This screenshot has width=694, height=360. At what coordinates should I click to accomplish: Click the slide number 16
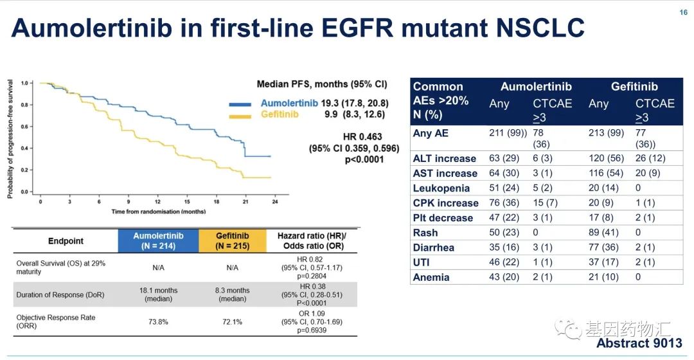683,12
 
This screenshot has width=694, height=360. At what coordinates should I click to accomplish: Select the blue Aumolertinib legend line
243,104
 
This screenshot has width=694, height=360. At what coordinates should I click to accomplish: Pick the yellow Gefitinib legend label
279,114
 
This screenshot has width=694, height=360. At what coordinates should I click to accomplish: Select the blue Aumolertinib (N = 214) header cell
158,240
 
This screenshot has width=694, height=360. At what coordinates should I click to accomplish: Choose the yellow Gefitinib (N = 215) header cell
233,240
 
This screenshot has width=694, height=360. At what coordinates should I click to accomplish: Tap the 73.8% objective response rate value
158,321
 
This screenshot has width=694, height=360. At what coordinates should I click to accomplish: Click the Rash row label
425,233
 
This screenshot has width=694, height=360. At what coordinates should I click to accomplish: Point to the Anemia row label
431,277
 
